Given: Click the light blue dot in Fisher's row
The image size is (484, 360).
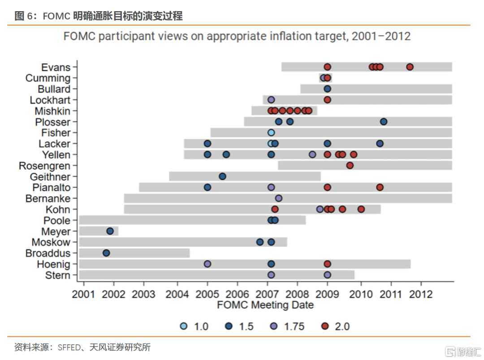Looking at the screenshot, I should pyautogui.click(x=271, y=133).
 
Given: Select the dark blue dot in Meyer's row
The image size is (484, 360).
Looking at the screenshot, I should pyautogui.click(x=110, y=231).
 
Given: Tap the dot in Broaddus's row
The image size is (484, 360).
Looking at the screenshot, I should pyautogui.click(x=106, y=253).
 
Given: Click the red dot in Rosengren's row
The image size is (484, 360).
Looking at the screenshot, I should pyautogui.click(x=350, y=166).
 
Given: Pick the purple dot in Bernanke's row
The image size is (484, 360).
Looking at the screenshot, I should pyautogui.click(x=278, y=198).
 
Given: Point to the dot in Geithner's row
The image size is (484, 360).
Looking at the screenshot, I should pyautogui.click(x=222, y=176).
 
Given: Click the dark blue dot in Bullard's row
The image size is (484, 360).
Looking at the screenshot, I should pyautogui.click(x=327, y=89).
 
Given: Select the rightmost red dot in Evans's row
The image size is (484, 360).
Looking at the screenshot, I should pyautogui.click(x=410, y=67).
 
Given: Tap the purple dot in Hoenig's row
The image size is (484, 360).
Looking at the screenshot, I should pyautogui.click(x=207, y=264).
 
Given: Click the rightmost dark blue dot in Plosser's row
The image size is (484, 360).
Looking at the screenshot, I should pyautogui.click(x=384, y=122).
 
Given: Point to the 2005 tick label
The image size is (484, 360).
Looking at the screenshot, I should pyautogui.click(x=207, y=294).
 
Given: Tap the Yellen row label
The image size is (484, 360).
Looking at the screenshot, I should pyautogui.click(x=56, y=155).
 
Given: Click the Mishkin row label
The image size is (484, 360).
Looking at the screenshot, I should pyautogui.click(x=52, y=111).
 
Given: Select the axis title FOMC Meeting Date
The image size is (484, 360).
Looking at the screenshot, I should pyautogui.click(x=265, y=305).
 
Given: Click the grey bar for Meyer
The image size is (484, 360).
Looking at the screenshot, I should pyautogui.click(x=99, y=231).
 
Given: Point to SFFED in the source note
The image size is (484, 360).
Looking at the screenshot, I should pyautogui.click(x=69, y=347).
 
